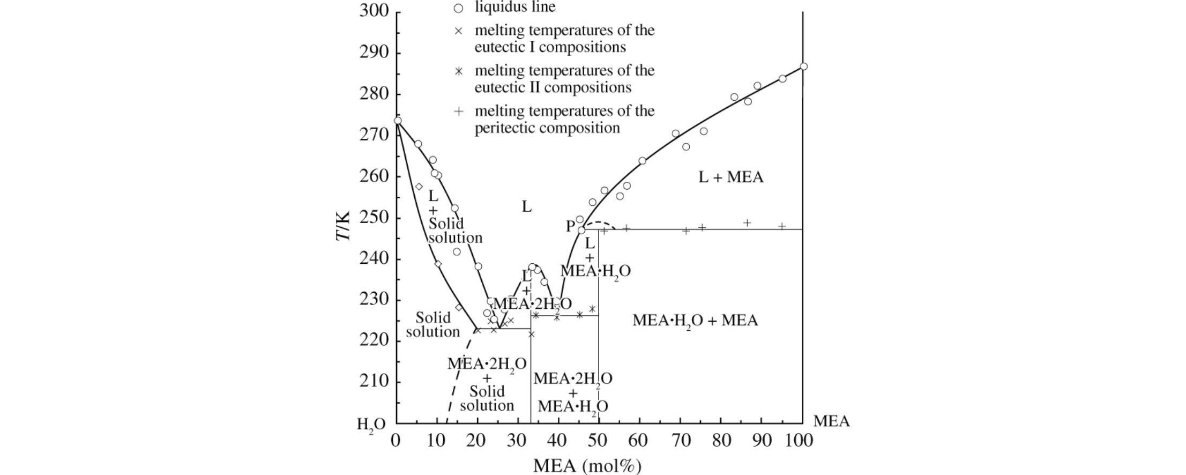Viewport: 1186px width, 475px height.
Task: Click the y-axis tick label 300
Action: click(374, 11)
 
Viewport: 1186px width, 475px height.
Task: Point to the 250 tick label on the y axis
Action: click(374, 218)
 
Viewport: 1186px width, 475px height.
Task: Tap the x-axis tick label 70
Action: click(681, 441)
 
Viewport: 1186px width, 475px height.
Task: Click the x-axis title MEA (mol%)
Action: click(587, 465)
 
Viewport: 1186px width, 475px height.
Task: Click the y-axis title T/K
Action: click(343, 226)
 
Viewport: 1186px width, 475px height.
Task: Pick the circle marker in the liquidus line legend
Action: click(458, 9)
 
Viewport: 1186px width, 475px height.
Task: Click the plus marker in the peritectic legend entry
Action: click(458, 112)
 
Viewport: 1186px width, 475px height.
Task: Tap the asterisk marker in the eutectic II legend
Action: click(458, 71)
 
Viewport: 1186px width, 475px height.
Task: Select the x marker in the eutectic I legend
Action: click(458, 31)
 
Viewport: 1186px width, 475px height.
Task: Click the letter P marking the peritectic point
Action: click(570, 226)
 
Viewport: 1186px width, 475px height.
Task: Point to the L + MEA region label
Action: click(730, 177)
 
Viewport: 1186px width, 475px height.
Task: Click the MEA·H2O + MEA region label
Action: click(695, 321)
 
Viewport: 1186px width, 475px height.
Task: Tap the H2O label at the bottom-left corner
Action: click(371, 425)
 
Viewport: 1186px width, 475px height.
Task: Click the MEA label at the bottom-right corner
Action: click(831, 421)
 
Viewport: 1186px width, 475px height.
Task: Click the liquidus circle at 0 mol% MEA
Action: click(398, 121)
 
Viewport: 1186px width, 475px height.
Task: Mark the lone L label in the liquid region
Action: click(527, 206)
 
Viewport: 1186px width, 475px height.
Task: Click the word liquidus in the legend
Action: click(498, 7)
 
